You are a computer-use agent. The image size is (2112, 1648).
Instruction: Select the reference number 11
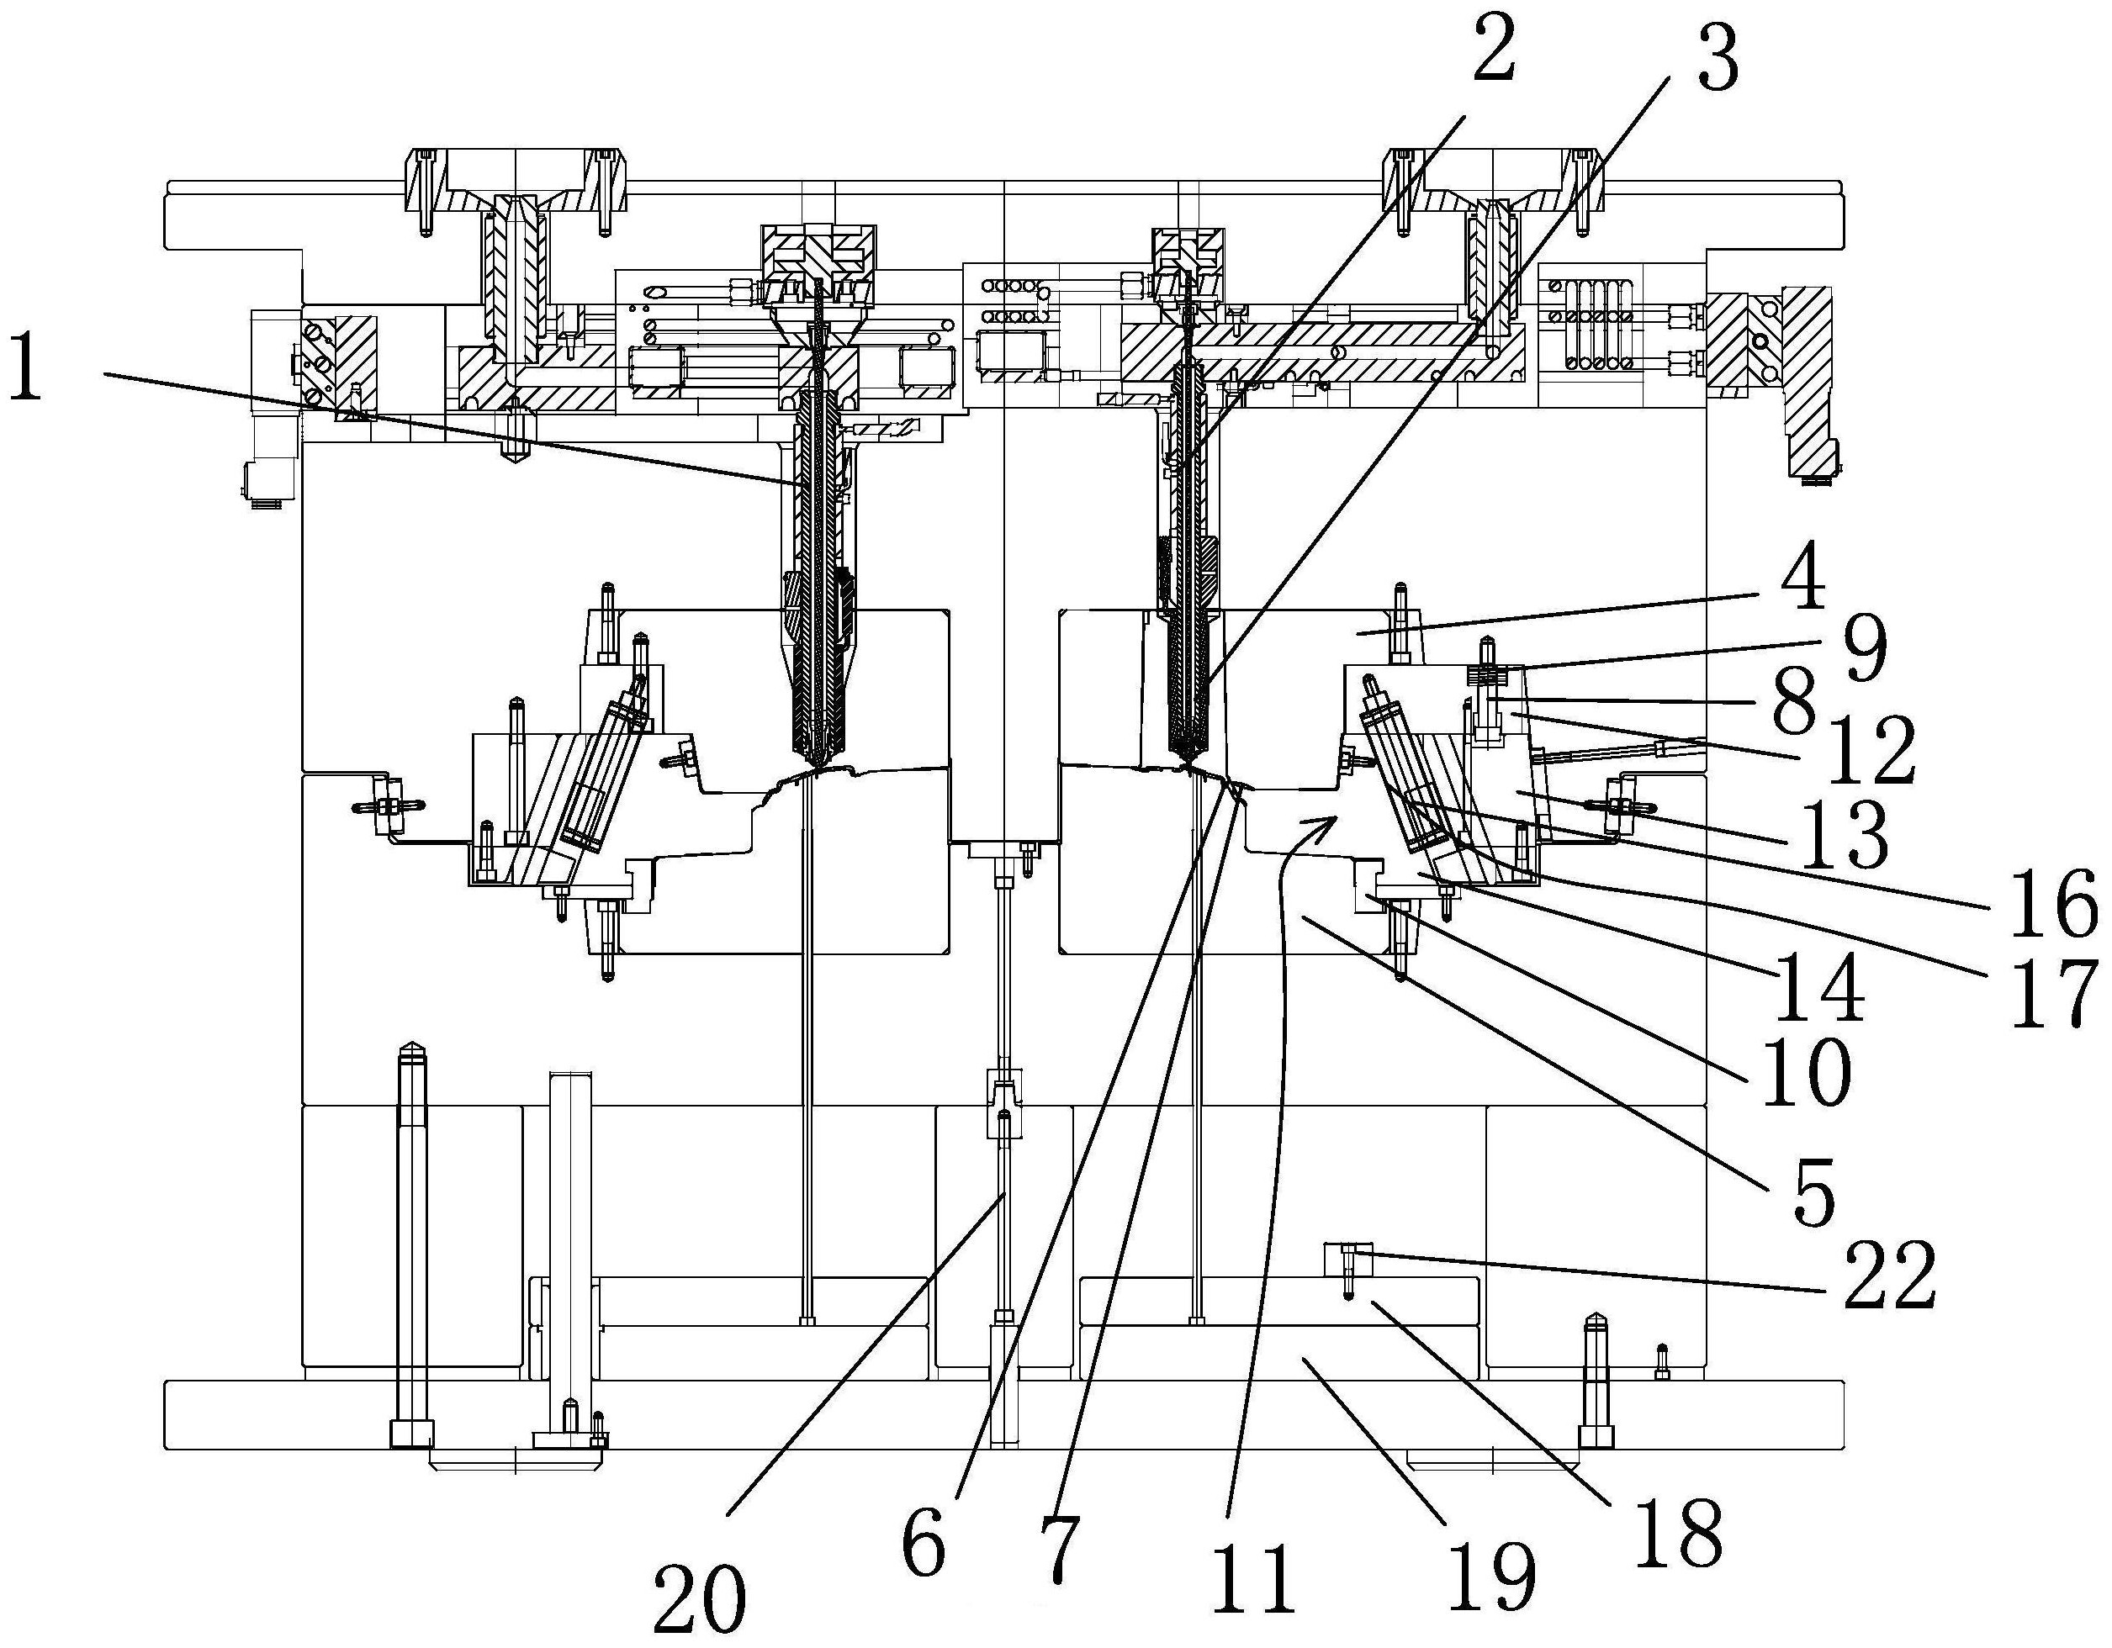click(x=1253, y=1577)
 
